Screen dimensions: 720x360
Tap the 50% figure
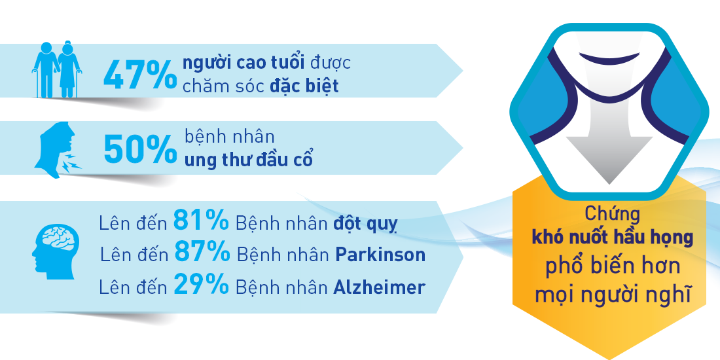(x=140, y=149)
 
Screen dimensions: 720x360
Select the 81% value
(x=201, y=221)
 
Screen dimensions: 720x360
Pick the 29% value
(x=201, y=285)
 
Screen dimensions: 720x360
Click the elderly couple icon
(x=56, y=70)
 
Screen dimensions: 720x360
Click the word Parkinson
(x=380, y=255)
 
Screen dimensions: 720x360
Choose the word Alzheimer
(x=379, y=287)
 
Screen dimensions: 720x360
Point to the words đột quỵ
(x=365, y=223)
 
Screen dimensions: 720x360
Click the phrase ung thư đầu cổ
(x=249, y=159)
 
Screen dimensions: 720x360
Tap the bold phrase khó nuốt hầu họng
(x=613, y=238)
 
